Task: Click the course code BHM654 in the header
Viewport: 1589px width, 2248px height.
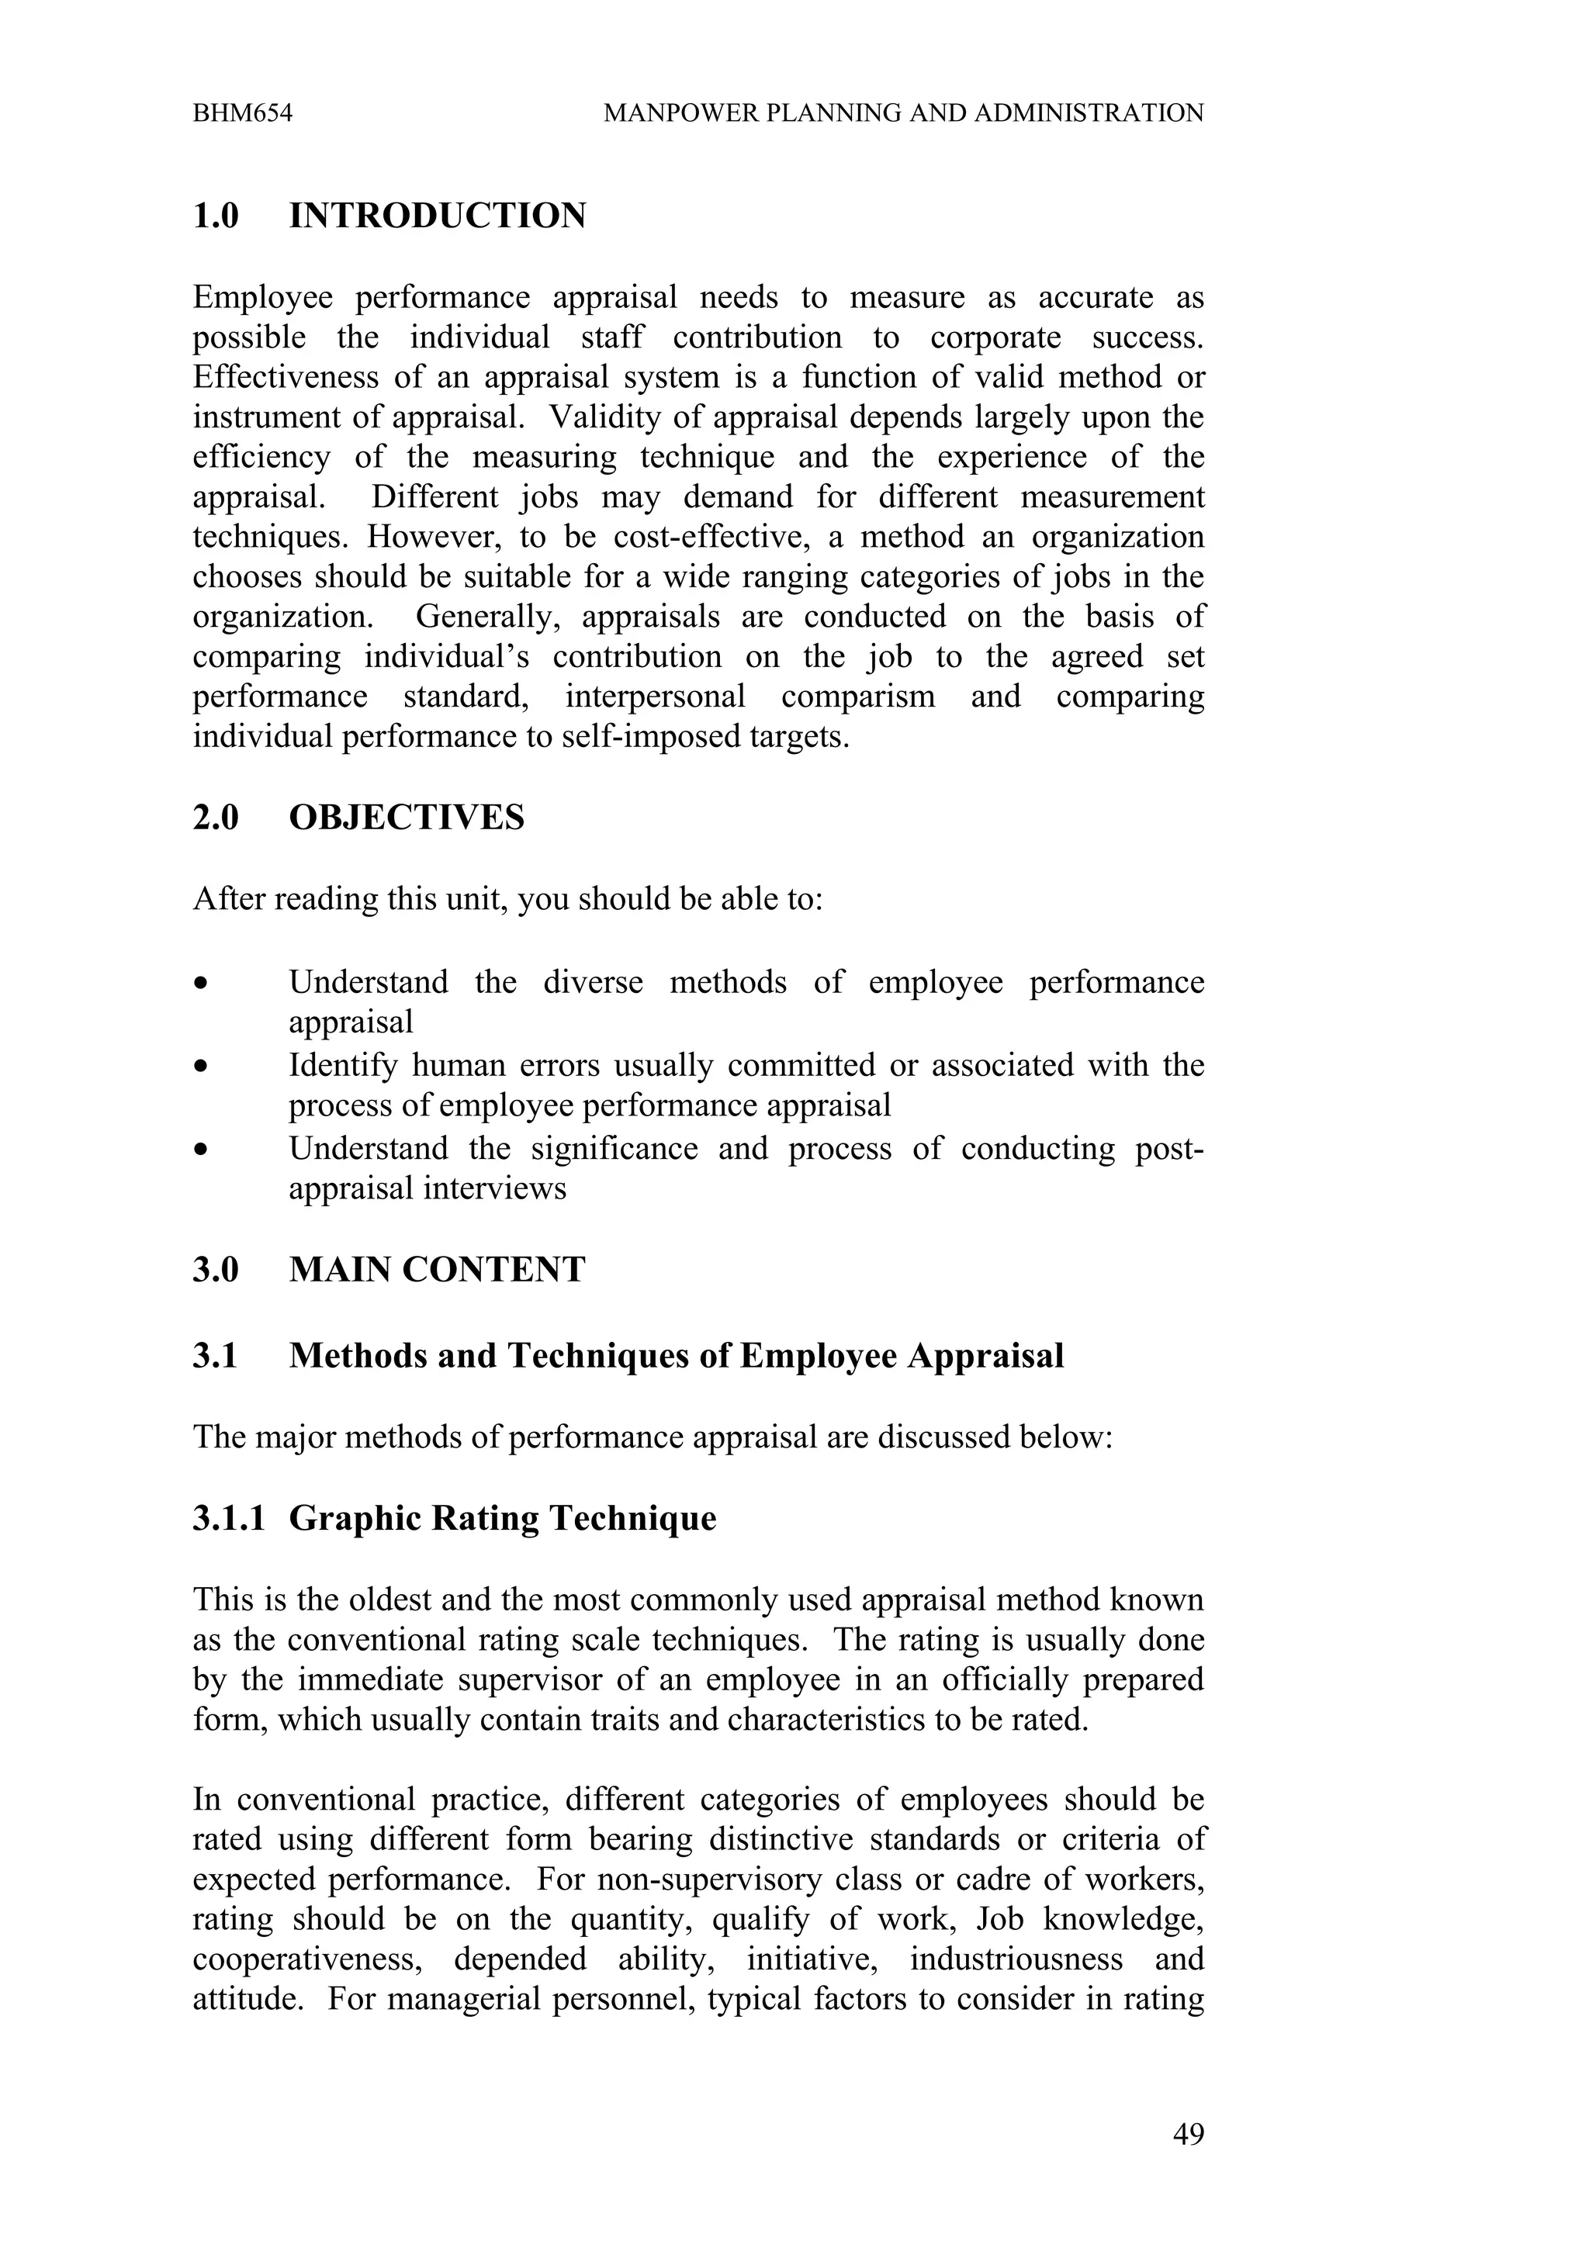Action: tap(242, 113)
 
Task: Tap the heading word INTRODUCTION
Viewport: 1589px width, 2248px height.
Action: tap(437, 216)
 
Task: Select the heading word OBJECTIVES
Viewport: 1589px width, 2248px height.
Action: tap(407, 817)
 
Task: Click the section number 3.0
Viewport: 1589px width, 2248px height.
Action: tap(216, 1270)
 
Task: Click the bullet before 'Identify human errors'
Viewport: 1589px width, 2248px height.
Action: tap(201, 1067)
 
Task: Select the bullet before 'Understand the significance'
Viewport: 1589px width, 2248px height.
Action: tap(201, 1150)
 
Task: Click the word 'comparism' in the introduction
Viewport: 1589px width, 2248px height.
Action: tap(857, 697)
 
